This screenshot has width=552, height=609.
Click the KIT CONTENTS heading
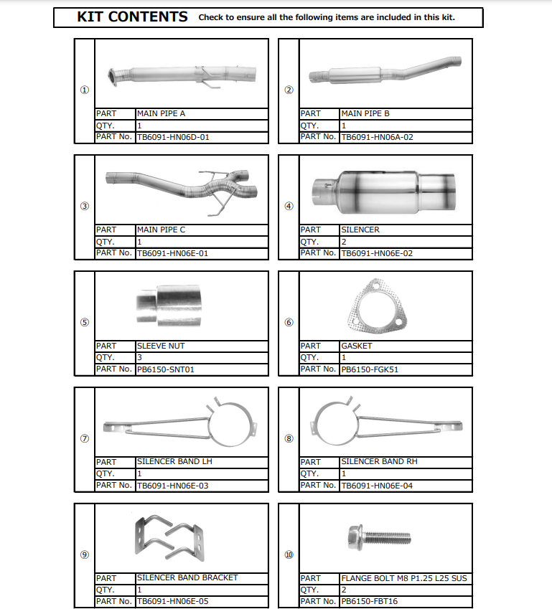[x=132, y=17]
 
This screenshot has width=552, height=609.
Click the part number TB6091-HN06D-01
[x=173, y=137]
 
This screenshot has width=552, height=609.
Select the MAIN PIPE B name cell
[x=406, y=114]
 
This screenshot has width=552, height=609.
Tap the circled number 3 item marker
[x=85, y=206]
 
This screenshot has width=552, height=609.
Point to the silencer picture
[x=384, y=192]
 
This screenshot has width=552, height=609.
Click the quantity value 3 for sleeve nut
[x=139, y=357]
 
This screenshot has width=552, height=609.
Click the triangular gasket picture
[x=378, y=306]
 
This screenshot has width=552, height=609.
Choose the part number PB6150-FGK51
[x=370, y=369]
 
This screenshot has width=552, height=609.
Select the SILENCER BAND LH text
[x=174, y=461]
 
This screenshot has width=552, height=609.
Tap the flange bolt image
[x=379, y=537]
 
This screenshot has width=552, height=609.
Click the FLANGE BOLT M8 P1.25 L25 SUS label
[x=404, y=578]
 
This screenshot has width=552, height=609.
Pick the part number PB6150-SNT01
[x=165, y=369]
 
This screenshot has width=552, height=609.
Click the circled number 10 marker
[x=289, y=554]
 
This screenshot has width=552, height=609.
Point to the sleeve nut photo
[x=169, y=306]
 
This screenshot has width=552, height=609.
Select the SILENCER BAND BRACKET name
[x=187, y=577]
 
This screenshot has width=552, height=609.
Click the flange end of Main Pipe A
[x=113, y=77]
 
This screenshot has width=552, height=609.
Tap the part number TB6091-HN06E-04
[x=377, y=486]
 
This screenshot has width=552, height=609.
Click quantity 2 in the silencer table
[x=344, y=242]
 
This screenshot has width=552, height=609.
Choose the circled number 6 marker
[x=289, y=322]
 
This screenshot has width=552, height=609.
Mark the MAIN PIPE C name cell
[x=202, y=230]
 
